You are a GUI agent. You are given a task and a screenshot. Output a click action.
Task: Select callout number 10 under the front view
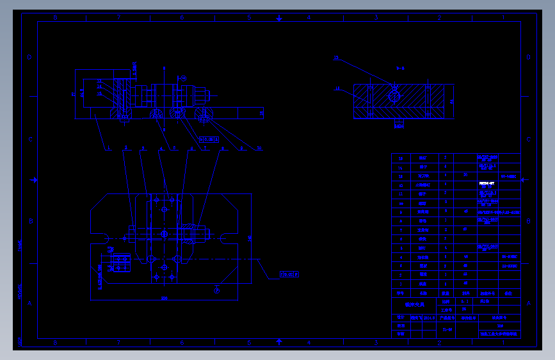point(259,149)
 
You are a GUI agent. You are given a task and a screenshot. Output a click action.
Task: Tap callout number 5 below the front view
point(174,149)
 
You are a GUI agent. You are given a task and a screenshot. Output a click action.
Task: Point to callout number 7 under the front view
point(206,149)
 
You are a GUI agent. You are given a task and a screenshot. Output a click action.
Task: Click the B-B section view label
point(400,68)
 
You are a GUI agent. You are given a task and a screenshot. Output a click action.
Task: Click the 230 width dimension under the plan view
point(165,298)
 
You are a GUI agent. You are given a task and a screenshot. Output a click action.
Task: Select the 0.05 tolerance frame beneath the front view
point(208,138)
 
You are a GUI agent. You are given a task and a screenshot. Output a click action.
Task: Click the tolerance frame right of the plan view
point(289,275)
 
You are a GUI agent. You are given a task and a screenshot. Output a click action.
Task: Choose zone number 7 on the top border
point(118,18)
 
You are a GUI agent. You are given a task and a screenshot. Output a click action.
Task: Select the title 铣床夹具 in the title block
point(410,305)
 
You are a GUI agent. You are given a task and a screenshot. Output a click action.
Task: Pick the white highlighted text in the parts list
point(487,183)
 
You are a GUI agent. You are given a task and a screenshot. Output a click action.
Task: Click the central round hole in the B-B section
point(393,96)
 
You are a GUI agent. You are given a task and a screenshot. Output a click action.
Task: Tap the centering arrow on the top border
point(279,18)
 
